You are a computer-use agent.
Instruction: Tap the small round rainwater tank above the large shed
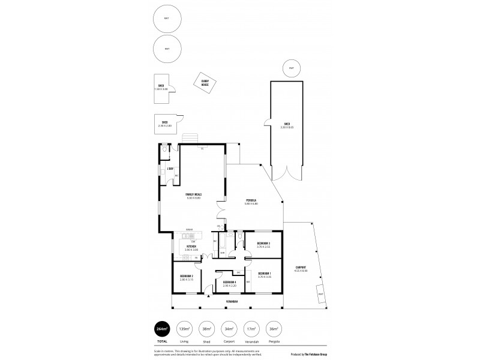coord(291,68)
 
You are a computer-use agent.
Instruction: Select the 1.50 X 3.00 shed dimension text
coord(161,88)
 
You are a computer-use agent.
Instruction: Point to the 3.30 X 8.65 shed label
coord(287,126)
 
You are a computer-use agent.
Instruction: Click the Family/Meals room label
coord(193,196)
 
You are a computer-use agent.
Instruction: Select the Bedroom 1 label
coord(264,275)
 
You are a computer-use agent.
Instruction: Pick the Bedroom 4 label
coord(230,283)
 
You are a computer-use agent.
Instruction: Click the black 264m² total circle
coord(161,329)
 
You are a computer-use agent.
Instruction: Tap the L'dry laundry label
coord(170,169)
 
